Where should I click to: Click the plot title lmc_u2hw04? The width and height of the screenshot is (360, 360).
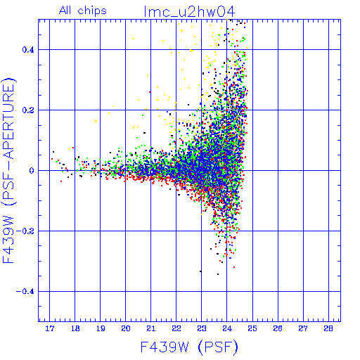[189, 12]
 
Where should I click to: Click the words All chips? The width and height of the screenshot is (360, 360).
[83, 11]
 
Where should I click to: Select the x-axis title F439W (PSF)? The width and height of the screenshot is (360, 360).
[189, 347]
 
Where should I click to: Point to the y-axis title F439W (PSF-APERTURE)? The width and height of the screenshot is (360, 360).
[8, 170]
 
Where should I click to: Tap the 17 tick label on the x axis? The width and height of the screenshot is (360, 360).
[50, 328]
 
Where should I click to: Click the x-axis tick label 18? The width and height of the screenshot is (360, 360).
[75, 328]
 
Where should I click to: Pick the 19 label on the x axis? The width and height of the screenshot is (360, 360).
[101, 328]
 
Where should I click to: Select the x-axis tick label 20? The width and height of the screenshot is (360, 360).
[126, 328]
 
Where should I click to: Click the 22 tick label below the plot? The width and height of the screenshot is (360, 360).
[176, 328]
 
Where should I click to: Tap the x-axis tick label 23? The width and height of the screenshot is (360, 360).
[202, 328]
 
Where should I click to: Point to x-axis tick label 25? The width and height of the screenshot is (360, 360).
[252, 328]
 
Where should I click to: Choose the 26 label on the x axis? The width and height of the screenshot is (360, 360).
[278, 328]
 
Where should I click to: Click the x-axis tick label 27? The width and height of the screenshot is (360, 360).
[303, 328]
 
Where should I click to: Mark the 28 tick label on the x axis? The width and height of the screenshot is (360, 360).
[328, 328]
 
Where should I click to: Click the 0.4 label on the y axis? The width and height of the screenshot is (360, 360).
[28, 50]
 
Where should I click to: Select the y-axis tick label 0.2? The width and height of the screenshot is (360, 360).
[28, 110]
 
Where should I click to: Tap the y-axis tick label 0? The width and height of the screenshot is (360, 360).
[32, 171]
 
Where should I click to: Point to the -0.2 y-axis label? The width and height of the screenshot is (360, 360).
[25, 231]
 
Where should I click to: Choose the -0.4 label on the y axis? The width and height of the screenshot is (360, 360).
[25, 292]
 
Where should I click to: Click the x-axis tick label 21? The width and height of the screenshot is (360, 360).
[151, 328]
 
